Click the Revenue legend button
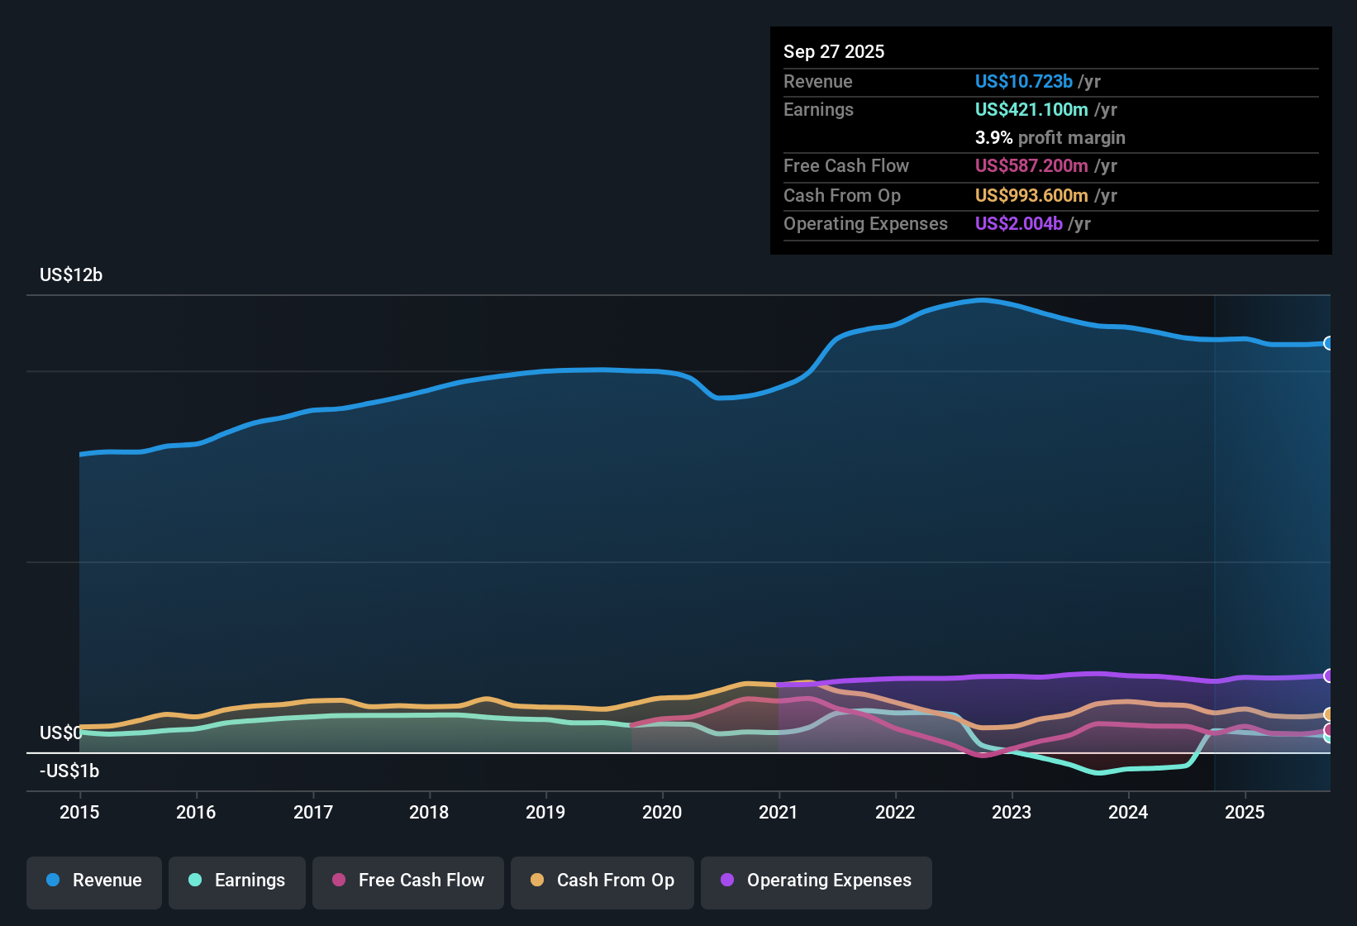94,881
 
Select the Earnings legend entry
237,881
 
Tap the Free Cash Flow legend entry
408,881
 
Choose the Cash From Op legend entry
602,881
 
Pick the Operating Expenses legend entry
817,881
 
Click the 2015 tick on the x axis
79,812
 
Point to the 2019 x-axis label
545,812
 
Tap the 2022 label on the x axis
895,812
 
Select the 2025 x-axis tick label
1245,812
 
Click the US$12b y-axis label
71,275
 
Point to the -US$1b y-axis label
69,771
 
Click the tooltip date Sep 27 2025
834,52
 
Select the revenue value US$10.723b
1023,82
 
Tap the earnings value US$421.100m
1031,110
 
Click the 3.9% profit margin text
1050,138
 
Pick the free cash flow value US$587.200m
1031,166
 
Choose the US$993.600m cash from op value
1031,196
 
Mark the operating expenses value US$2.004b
1018,224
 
